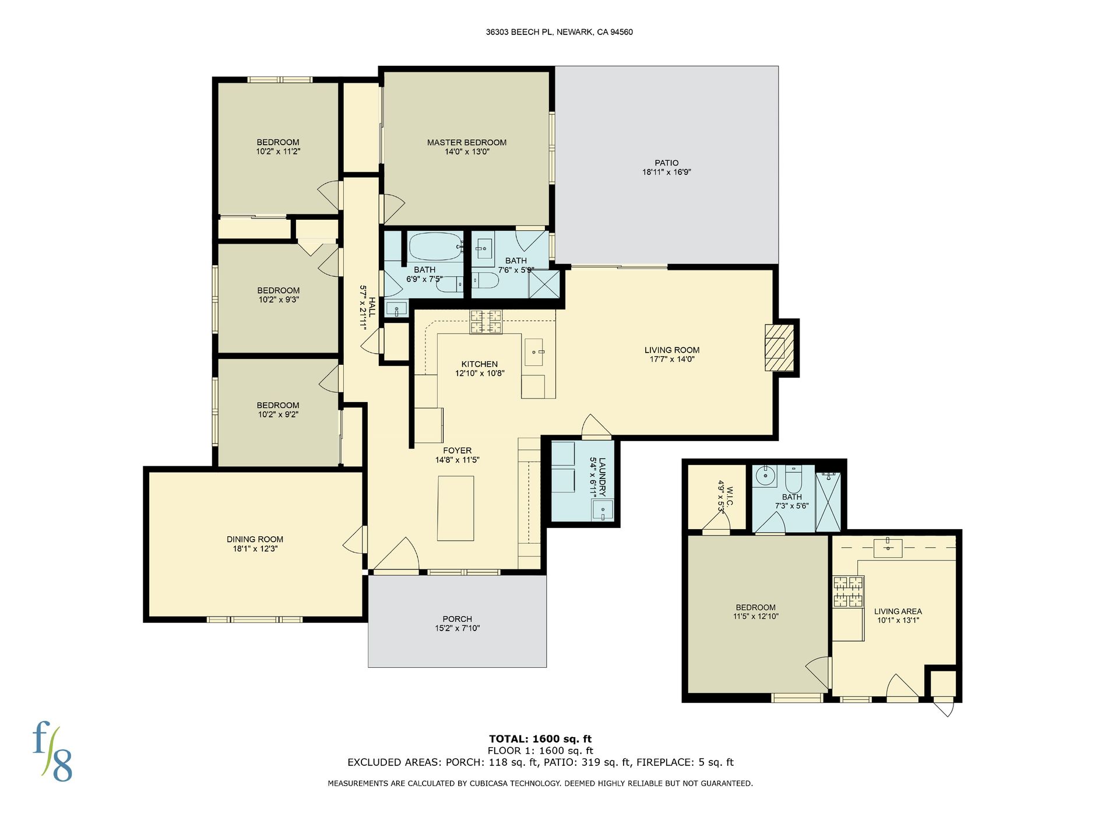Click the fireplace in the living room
779,347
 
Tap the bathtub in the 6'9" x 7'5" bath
435,247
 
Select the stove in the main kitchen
486,322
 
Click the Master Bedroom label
467,142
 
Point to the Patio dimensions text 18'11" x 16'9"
666,172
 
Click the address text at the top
559,32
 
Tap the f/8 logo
52,752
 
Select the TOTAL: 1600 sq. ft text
540,739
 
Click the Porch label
458,619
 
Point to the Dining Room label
255,540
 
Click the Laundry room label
602,477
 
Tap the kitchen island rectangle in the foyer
456,508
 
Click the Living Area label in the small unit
898,611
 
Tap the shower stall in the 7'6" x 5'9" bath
544,284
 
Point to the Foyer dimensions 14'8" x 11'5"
458,460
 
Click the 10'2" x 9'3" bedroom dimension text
279,300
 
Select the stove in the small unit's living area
848,591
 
